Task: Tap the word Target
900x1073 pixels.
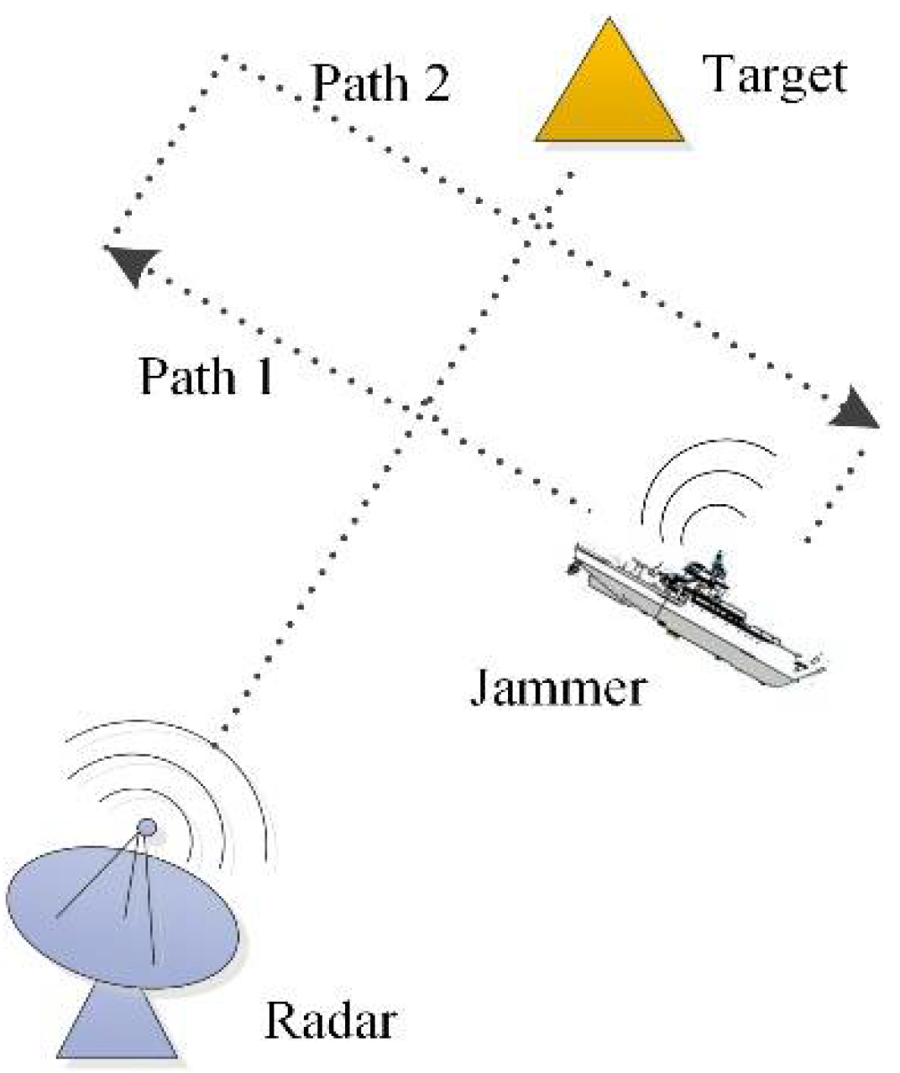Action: tap(775, 76)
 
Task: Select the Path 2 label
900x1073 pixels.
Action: tap(380, 84)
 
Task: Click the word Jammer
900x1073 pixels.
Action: tap(557, 689)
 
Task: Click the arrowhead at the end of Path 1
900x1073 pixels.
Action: tap(131, 263)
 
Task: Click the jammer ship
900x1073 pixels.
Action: tap(697, 612)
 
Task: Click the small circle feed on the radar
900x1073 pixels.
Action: tap(147, 827)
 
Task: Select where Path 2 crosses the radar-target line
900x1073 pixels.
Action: tap(537, 223)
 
